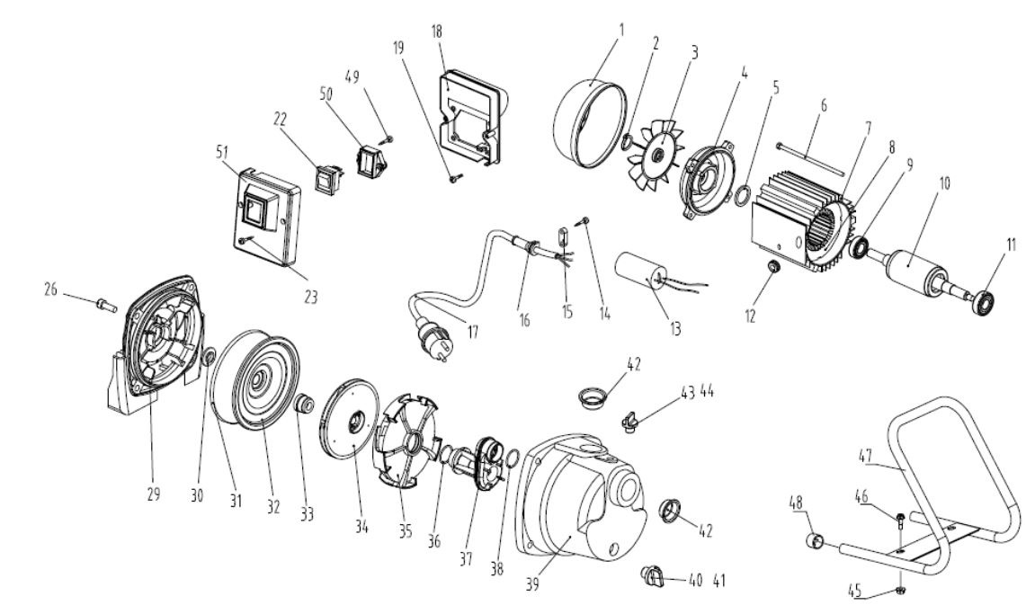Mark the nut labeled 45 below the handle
tap(901, 590)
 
